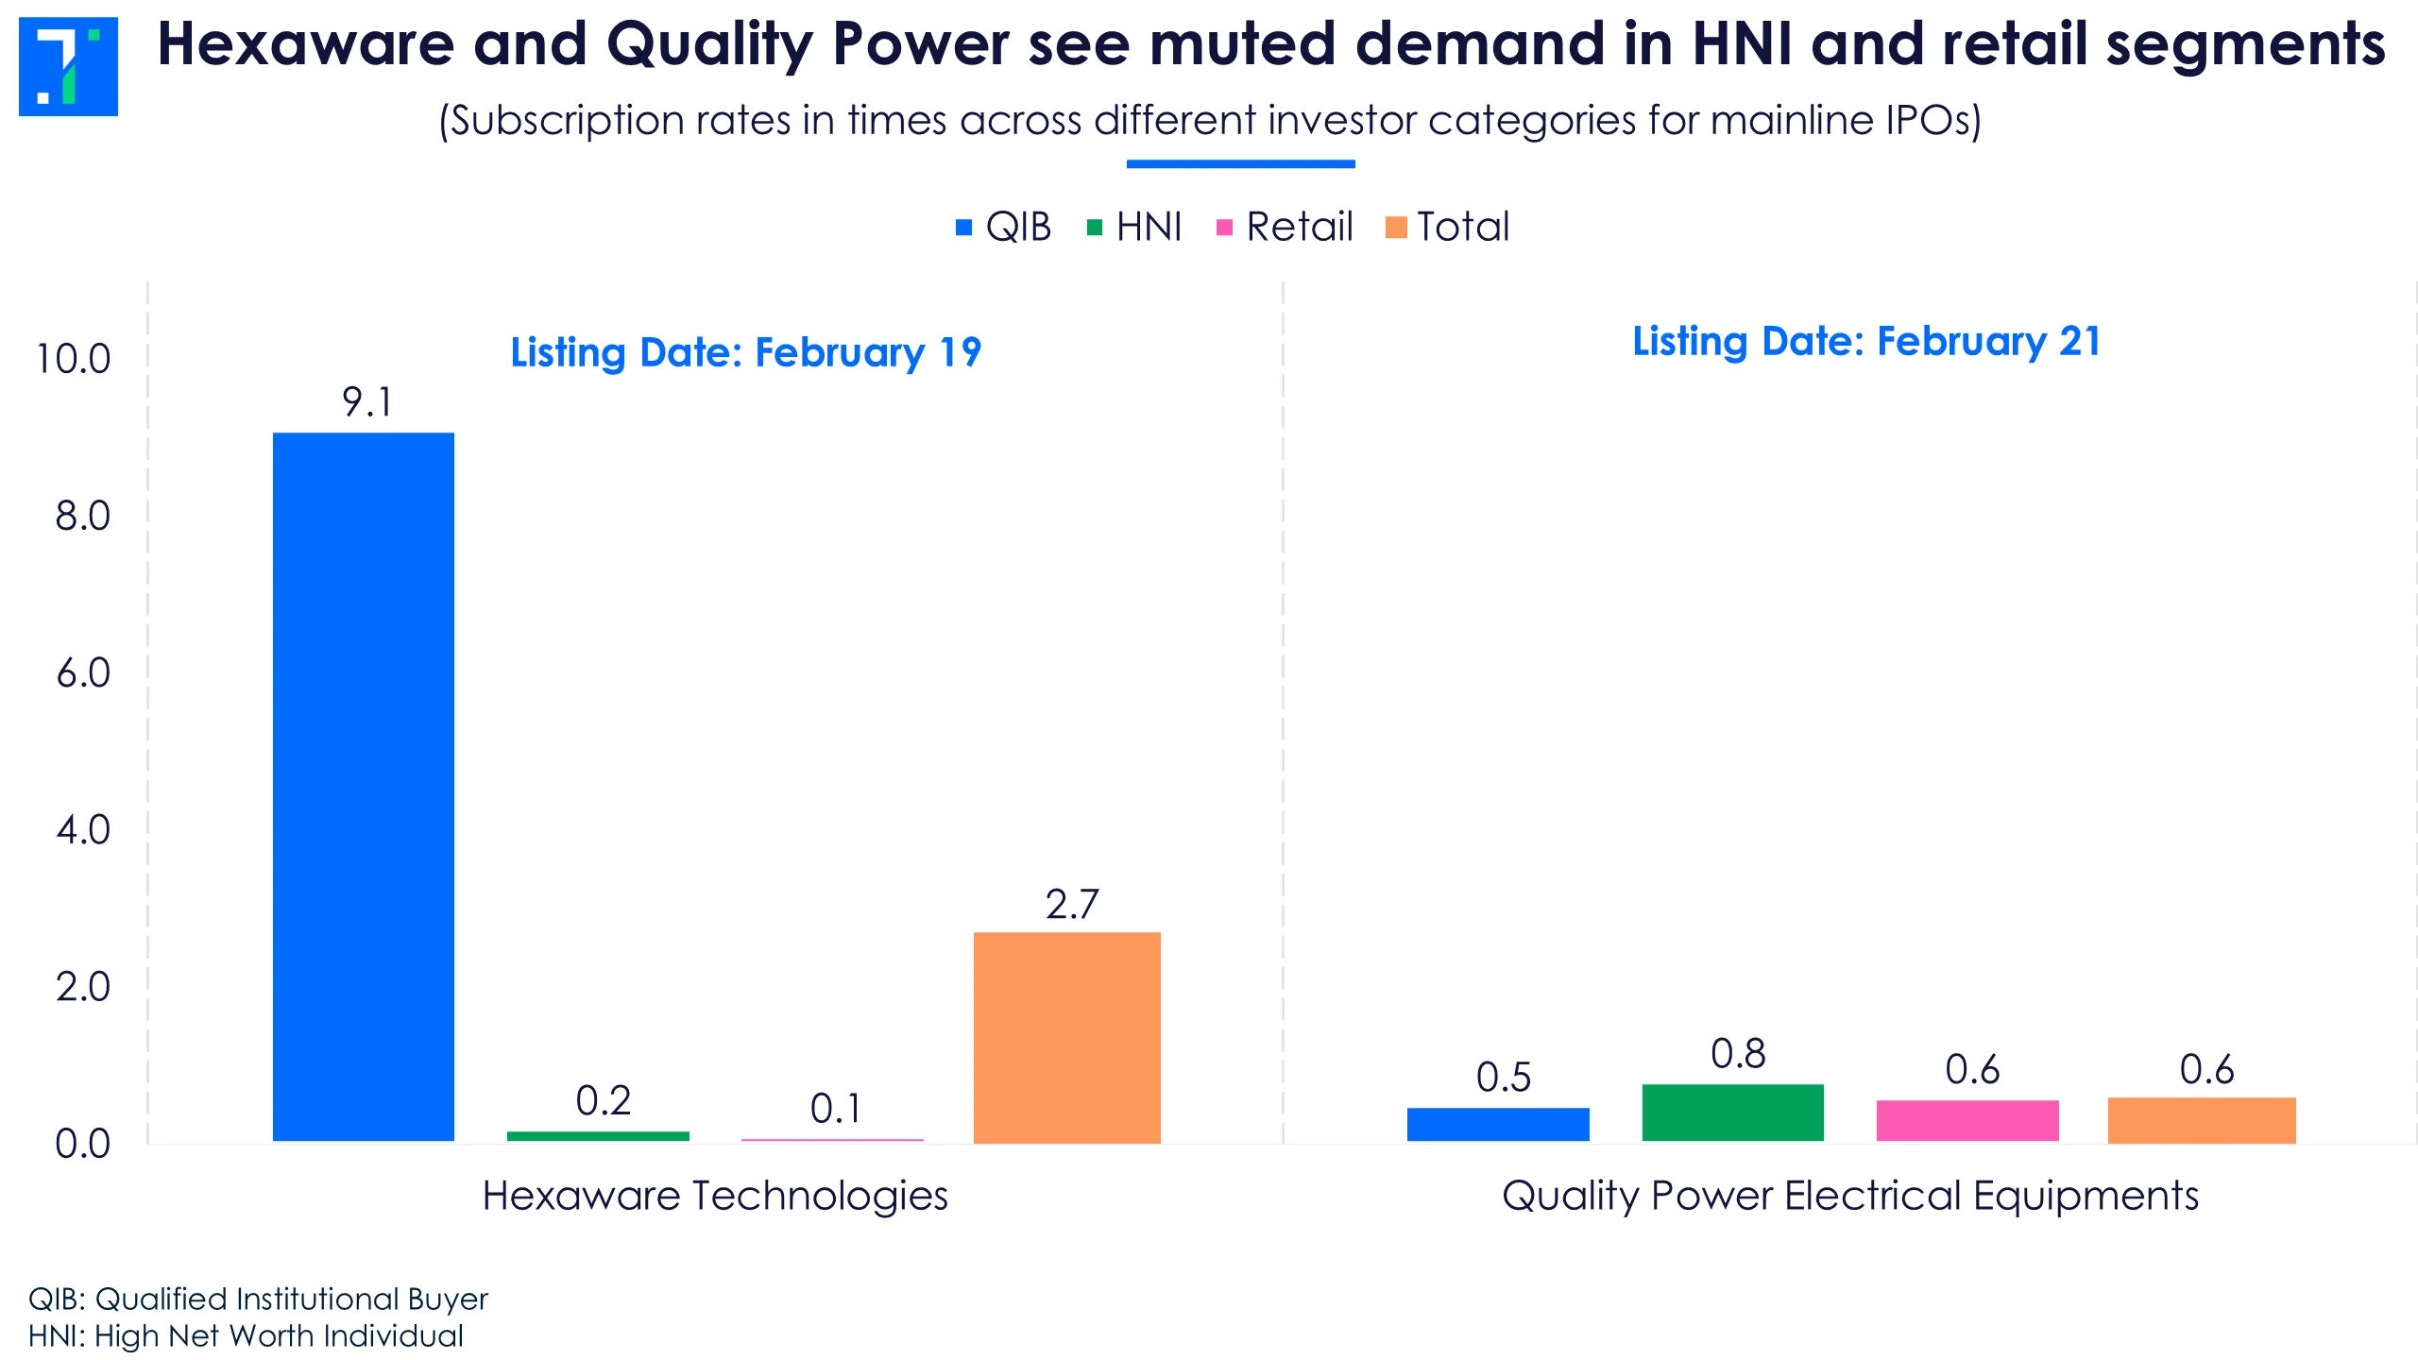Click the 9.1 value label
click(x=366, y=402)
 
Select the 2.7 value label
click(x=1072, y=905)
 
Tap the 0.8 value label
click(x=1738, y=1054)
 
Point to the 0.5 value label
click(x=1504, y=1078)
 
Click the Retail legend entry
click(x=1286, y=227)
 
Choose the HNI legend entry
click(x=1135, y=227)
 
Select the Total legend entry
click(x=1448, y=227)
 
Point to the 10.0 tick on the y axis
click(x=74, y=359)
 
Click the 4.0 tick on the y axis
click(x=83, y=830)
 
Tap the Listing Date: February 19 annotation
click(x=746, y=352)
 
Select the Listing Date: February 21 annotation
click(x=1866, y=341)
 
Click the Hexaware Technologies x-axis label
click(x=715, y=1196)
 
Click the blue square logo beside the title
click(x=68, y=66)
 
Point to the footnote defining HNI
click(x=246, y=1336)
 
